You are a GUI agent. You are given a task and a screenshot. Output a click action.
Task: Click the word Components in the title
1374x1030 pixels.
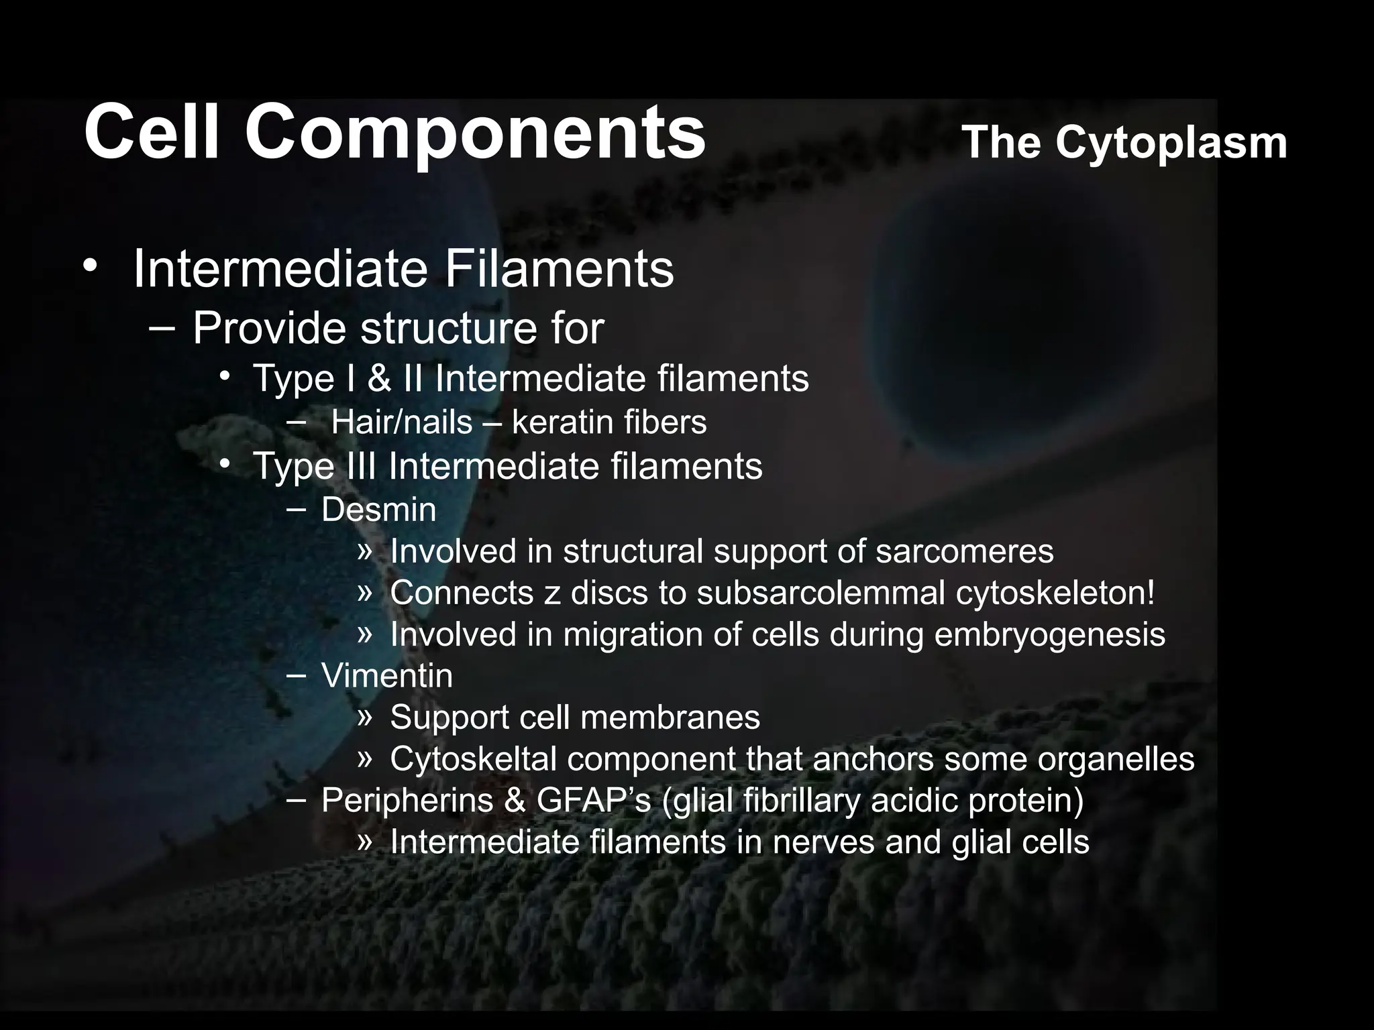point(475,131)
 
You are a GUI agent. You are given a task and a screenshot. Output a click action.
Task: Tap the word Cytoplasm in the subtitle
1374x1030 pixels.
point(1171,142)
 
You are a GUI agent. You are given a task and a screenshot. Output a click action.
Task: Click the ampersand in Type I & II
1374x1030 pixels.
point(379,378)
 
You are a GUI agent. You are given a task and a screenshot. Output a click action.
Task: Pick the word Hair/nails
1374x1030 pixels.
point(401,422)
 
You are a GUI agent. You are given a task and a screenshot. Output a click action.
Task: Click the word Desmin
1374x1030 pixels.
point(378,510)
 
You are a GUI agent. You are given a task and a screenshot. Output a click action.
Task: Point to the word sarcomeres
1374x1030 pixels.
point(964,552)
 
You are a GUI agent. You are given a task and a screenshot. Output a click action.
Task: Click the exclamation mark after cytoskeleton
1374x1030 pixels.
point(1151,593)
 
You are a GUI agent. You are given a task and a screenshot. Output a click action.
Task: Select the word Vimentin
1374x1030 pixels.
point(386,675)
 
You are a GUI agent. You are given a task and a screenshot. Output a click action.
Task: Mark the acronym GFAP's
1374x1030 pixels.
point(593,800)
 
